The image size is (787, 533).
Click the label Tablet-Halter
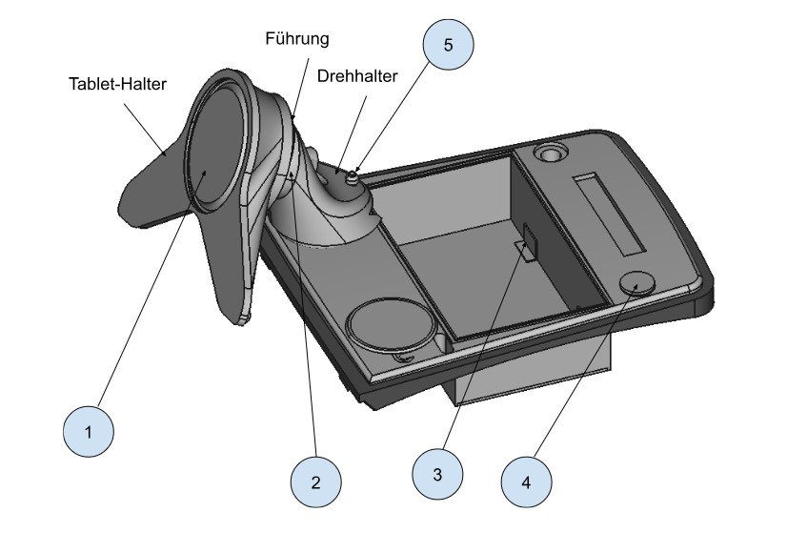click(x=117, y=84)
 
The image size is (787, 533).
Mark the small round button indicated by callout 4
click(x=637, y=283)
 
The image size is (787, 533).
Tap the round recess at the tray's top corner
click(x=550, y=153)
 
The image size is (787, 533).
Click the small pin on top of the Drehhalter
click(x=353, y=172)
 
